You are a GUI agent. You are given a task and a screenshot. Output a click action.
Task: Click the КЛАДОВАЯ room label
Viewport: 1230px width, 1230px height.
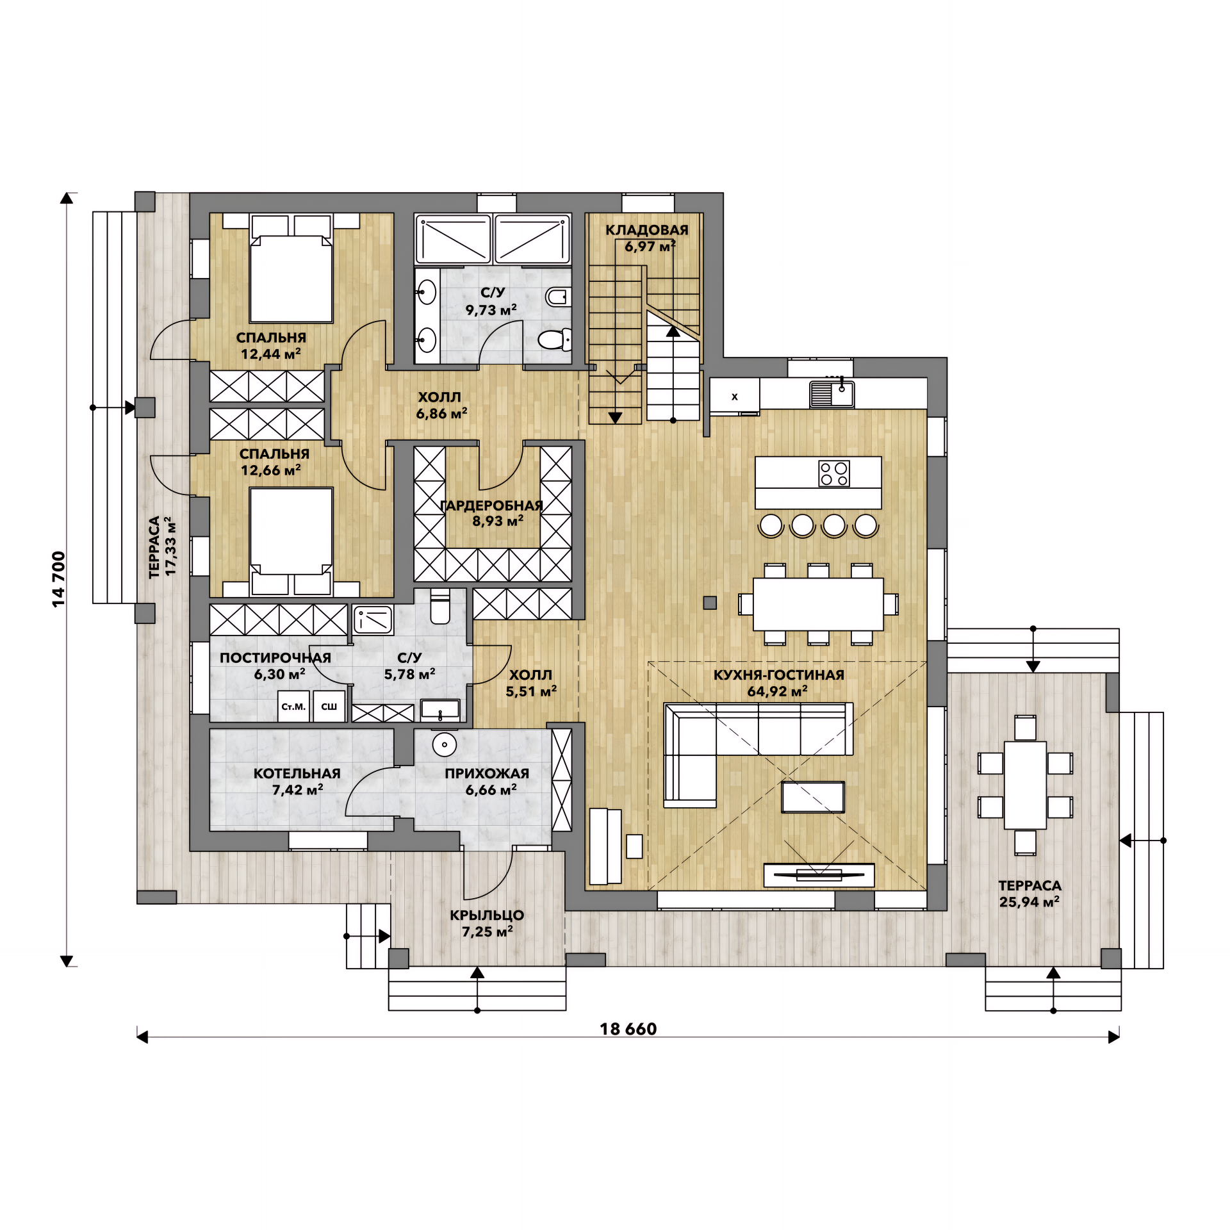pyautogui.click(x=647, y=230)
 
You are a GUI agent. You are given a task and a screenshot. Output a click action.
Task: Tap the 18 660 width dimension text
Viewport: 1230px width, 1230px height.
pyautogui.click(x=628, y=1029)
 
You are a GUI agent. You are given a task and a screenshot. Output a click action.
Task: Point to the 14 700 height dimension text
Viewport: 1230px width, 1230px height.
pyautogui.click(x=58, y=579)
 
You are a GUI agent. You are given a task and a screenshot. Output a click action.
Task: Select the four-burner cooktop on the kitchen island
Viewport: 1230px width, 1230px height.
pyautogui.click(x=834, y=473)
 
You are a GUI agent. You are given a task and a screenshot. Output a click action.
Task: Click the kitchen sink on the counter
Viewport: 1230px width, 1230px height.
pyautogui.click(x=832, y=394)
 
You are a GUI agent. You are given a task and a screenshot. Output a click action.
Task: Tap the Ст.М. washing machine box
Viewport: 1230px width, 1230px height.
pyautogui.click(x=293, y=706)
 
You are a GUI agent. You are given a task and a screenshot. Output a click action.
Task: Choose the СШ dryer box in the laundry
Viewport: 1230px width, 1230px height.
pyautogui.click(x=329, y=706)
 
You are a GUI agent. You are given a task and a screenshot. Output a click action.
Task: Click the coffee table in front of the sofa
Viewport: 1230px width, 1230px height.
pyautogui.click(x=813, y=798)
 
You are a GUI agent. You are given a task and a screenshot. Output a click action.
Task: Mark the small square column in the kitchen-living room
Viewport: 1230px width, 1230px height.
pyautogui.click(x=710, y=603)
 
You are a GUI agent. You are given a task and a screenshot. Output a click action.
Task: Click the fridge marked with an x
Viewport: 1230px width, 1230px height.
pyautogui.click(x=734, y=396)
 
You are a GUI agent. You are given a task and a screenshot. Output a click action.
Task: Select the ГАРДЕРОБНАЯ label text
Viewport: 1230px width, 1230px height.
pyautogui.click(x=491, y=505)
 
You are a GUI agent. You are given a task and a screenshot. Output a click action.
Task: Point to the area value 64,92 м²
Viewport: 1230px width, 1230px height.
pyautogui.click(x=777, y=691)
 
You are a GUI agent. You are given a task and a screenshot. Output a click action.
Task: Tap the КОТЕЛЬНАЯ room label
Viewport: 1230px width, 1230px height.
pyautogui.click(x=297, y=773)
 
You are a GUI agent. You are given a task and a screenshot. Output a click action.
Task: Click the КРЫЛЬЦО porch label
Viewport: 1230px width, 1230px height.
pyautogui.click(x=487, y=915)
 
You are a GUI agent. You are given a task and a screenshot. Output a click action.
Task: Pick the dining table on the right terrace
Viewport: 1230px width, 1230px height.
pyautogui.click(x=1025, y=785)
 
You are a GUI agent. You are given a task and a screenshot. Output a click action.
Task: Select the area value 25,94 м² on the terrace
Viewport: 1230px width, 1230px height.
pyautogui.click(x=1029, y=902)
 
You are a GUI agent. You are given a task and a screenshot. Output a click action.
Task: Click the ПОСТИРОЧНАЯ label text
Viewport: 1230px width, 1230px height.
pyautogui.click(x=275, y=657)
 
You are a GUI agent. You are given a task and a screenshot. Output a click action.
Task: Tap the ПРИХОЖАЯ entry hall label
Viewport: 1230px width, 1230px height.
pyautogui.click(x=487, y=773)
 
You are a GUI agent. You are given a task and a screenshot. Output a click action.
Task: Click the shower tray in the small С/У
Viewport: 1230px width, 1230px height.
pyautogui.click(x=372, y=619)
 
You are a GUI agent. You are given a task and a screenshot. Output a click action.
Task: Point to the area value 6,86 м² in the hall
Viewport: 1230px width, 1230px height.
pyautogui.click(x=442, y=414)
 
